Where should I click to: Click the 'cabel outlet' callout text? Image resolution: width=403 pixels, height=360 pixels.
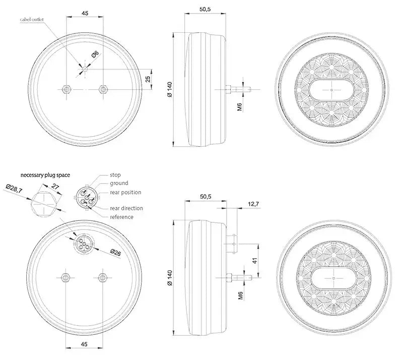(32, 20)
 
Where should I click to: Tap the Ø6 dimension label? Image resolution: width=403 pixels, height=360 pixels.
(95, 54)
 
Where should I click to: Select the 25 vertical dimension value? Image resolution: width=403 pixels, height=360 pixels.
(148, 79)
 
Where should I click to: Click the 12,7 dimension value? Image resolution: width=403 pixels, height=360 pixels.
(253, 204)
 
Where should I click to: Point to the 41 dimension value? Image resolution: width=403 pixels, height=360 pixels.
(255, 261)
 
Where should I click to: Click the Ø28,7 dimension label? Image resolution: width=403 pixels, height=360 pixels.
(14, 189)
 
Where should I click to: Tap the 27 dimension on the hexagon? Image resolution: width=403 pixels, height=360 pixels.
(55, 186)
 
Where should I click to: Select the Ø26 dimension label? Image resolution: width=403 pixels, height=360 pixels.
(116, 253)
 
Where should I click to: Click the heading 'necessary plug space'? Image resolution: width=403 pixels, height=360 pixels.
(45, 175)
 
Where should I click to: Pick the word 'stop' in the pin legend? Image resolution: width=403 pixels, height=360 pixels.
(115, 175)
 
